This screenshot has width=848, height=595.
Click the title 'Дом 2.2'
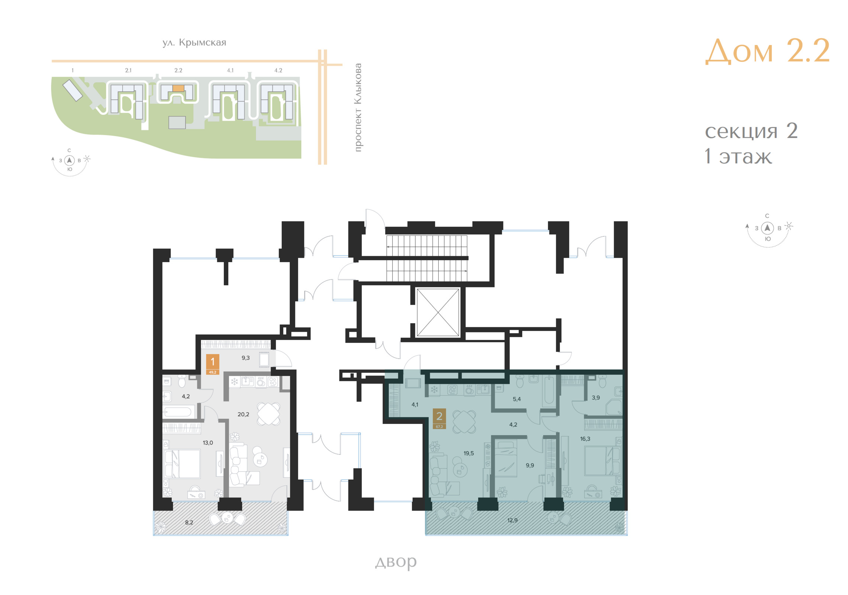tap(767, 51)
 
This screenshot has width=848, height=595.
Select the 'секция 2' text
tap(751, 131)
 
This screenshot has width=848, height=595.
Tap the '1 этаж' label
tap(738, 157)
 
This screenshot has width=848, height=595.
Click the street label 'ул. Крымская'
tap(194, 43)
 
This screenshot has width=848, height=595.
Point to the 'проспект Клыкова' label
tap(358, 107)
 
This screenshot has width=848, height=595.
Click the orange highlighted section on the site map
tap(178, 88)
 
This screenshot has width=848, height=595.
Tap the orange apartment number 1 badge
tap(213, 364)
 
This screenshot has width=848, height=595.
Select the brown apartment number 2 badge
tap(439, 419)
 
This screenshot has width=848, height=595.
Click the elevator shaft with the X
tap(438, 312)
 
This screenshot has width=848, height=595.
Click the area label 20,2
tap(243, 414)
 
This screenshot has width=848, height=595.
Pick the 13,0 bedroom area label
tap(208, 443)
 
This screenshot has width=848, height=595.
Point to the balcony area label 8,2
tap(189, 522)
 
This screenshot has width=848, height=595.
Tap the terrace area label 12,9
tap(512, 520)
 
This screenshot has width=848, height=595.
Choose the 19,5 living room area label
tap(468, 453)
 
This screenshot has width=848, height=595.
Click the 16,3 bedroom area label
tap(585, 439)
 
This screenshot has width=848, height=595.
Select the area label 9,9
tap(530, 465)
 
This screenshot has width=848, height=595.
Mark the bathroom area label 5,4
tap(517, 399)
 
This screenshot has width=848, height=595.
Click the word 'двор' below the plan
tap(396, 562)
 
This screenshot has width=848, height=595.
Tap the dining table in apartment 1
tap(268, 414)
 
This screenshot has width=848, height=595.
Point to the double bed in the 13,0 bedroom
tap(182, 463)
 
